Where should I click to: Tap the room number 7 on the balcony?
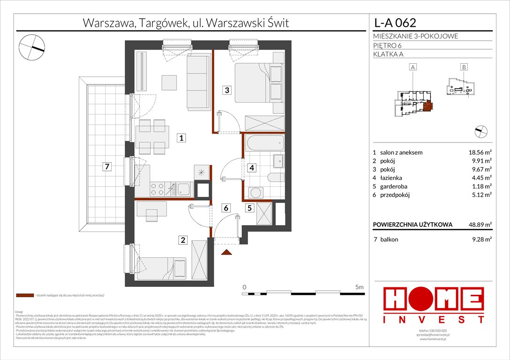point(107,167)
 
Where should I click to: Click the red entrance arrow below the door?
point(227,253)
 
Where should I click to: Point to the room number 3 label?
point(227,90)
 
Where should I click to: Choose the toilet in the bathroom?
point(275,178)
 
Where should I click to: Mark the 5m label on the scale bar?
point(359,286)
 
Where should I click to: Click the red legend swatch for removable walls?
point(24,296)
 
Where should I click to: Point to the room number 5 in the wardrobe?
point(250,208)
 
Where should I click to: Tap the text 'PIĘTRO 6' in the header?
point(388,45)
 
